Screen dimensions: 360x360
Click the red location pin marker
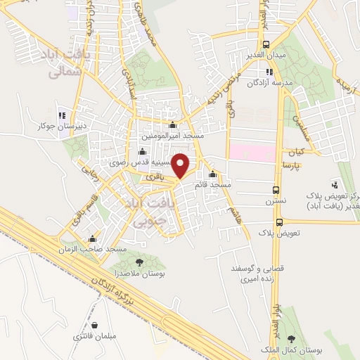click(181, 165)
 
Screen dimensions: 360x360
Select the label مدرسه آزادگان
click(268, 83)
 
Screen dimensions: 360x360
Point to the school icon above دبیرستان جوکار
click(62, 115)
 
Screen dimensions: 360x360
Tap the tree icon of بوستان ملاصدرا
click(139, 262)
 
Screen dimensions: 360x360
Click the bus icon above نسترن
click(276, 190)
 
